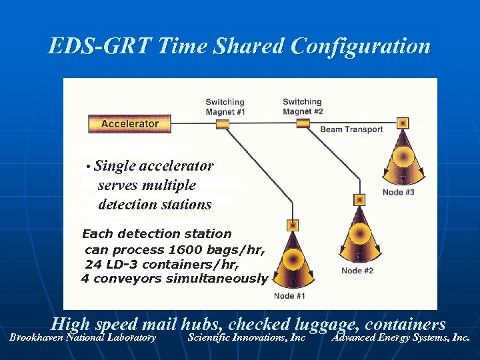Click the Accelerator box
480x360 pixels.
click(x=129, y=123)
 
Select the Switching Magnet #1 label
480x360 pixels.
click(x=225, y=107)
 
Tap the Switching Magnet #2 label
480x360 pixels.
click(x=303, y=107)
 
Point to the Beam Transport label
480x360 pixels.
click(x=351, y=129)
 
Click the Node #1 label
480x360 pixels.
click(x=289, y=296)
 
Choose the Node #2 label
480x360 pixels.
click(x=357, y=271)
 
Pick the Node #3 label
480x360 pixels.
click(x=399, y=193)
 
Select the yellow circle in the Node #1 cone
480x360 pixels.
click(x=292, y=259)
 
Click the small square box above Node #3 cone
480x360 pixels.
click(x=402, y=123)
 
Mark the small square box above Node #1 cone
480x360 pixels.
click(x=292, y=225)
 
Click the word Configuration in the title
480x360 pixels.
click(x=360, y=47)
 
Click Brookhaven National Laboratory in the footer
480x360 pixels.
click(x=83, y=338)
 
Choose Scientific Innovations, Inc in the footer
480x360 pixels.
click(x=247, y=338)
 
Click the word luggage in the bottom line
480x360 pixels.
click(x=327, y=325)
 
